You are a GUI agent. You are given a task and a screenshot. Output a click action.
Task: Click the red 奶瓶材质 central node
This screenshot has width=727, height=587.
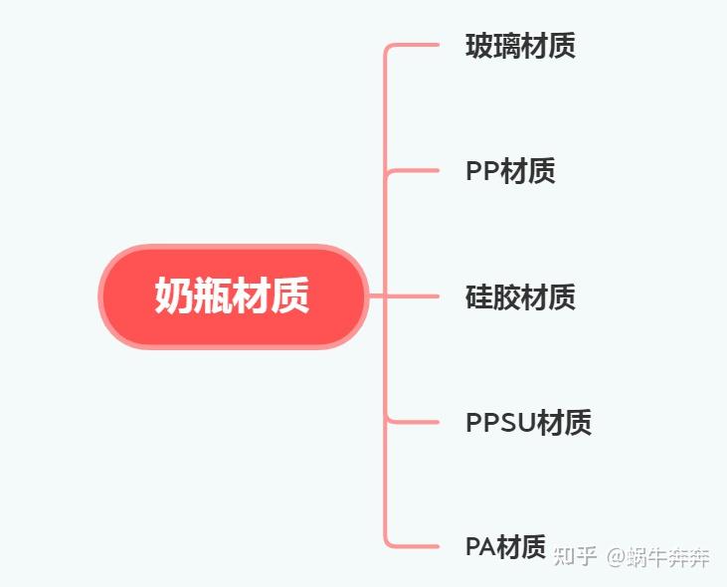pos(233,296)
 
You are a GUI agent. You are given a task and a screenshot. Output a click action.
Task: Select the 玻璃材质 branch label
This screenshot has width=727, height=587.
pos(520,46)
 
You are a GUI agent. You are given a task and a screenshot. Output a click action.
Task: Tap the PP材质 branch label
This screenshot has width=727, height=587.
pos(510,171)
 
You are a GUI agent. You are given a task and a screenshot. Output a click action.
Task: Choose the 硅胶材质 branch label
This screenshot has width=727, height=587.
pos(520,296)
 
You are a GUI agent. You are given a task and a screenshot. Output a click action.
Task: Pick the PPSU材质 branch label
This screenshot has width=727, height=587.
pos(528,422)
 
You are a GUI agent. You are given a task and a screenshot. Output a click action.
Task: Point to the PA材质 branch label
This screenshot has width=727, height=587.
pos(505,546)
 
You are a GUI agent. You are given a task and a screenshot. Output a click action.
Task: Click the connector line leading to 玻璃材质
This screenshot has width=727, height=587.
pos(413,46)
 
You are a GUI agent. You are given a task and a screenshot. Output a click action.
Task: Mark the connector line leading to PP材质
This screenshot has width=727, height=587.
pos(413,171)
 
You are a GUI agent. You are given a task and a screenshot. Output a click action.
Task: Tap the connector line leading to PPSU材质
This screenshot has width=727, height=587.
pos(413,422)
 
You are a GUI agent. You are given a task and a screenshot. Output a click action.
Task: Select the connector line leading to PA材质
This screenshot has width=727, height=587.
pos(413,545)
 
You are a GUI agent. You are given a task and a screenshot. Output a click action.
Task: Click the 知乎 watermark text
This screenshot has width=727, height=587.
pos(576,556)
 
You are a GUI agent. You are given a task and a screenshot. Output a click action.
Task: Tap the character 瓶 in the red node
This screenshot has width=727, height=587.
pos(213,296)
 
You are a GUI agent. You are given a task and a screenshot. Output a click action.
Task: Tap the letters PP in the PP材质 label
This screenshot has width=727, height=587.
pos(482,171)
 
